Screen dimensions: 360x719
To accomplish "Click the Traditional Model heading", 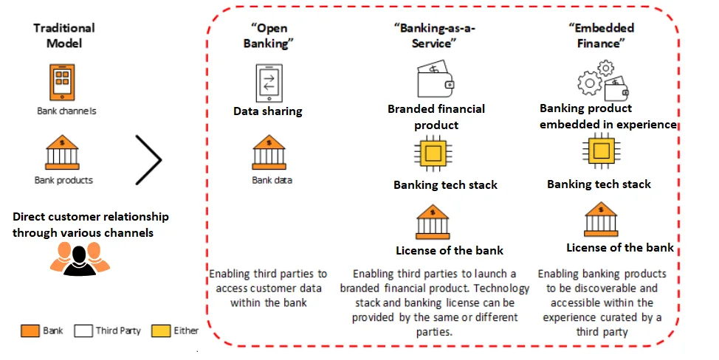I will (64, 35).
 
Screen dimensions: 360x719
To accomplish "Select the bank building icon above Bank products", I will (63, 152).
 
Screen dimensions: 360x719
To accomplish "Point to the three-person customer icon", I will (80, 258).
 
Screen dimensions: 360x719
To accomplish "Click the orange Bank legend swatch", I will (31, 330).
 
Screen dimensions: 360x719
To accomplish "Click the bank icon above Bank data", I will (269, 152).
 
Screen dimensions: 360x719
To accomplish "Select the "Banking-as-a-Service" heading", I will (433, 35).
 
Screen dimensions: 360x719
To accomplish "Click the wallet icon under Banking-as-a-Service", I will (436, 79).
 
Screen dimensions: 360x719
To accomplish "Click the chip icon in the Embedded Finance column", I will (602, 152).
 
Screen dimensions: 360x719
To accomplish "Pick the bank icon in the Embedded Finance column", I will (602, 218).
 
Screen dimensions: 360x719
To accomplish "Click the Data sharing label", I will (267, 111).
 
